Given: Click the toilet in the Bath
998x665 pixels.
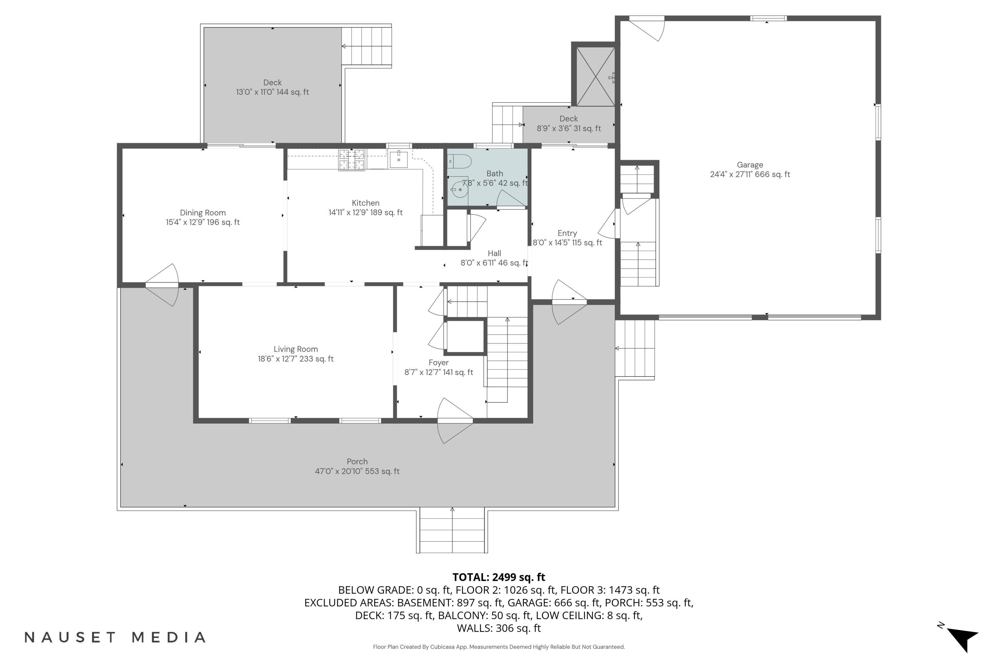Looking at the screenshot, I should tap(460, 162).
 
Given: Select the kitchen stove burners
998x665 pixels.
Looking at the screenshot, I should tap(351, 160).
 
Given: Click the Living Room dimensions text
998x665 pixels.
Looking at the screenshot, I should tap(295, 359).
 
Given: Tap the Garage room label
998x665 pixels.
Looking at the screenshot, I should tap(749, 165).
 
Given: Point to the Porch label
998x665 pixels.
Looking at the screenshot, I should tap(357, 462).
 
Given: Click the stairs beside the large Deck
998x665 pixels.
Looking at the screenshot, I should tap(367, 46).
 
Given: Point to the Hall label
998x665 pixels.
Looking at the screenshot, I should tap(494, 253).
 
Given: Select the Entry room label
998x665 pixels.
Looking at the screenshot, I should tap(567, 233).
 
